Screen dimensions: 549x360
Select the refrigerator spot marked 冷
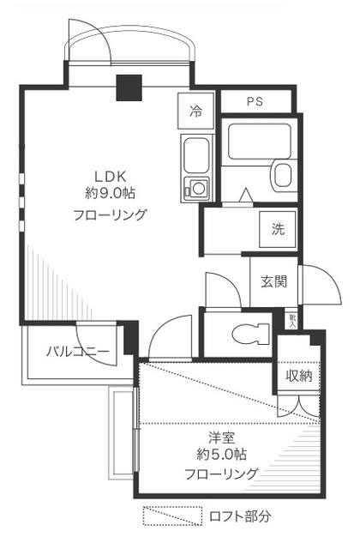(x=195, y=110)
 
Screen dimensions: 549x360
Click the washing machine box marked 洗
(x=279, y=229)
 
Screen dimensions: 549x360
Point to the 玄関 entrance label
(x=273, y=281)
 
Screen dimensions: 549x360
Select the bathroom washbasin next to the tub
(x=284, y=175)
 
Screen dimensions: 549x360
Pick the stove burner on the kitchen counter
(x=198, y=188)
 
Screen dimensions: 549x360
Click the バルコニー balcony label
(x=77, y=352)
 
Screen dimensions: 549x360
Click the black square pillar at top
(x=129, y=87)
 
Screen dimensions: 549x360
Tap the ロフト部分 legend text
(x=241, y=517)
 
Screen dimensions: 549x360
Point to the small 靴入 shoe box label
(x=292, y=320)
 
